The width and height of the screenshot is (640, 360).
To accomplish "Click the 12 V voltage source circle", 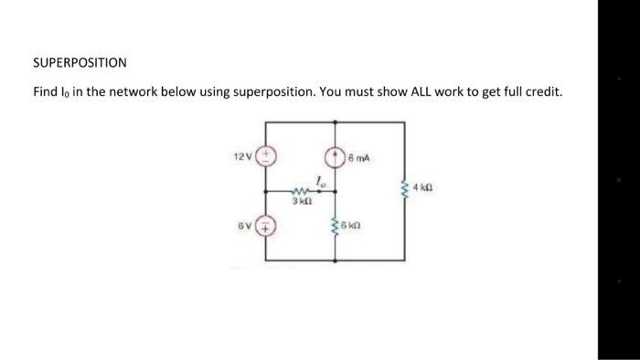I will (x=266, y=156).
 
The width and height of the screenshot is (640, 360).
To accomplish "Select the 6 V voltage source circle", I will (x=266, y=224).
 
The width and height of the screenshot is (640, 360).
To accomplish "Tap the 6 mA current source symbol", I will (x=335, y=156).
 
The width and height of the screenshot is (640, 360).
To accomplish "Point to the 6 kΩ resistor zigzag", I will (x=335, y=225).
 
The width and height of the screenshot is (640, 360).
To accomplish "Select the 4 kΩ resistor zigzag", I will (x=403, y=189).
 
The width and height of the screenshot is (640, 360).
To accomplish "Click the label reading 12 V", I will (x=240, y=156).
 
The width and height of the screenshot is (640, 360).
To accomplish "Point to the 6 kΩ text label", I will (x=353, y=224).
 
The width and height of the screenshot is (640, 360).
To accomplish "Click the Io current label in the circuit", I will (x=319, y=180).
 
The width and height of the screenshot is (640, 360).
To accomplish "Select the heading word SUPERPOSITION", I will (x=80, y=63).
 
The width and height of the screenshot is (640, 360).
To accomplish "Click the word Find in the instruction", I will (x=46, y=92).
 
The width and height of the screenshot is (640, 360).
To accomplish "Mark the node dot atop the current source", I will (x=335, y=122).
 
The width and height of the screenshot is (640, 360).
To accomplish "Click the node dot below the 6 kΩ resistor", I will (x=335, y=260).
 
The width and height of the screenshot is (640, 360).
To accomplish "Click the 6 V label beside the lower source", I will (x=242, y=224).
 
